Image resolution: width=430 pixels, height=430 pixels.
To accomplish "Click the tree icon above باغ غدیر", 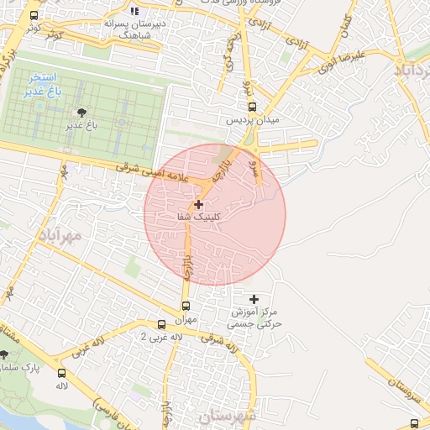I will [81, 113].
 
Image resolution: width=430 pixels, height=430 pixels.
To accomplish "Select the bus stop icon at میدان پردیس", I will [253, 107].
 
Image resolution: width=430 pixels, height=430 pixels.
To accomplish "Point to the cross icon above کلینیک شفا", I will [199, 204].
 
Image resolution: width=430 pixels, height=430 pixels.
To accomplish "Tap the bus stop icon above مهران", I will [186, 307].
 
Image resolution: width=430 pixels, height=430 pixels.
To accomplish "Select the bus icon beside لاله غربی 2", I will [162, 324].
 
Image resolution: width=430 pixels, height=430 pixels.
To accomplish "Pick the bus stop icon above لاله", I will [61, 373].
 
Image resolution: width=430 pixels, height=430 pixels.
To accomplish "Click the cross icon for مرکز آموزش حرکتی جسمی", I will [254, 299].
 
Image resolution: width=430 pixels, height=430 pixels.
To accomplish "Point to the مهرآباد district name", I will [60, 236].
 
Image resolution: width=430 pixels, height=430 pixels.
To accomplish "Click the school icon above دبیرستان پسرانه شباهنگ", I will [134, 11].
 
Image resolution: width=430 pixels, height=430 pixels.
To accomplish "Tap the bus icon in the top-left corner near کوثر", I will [34, 15].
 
